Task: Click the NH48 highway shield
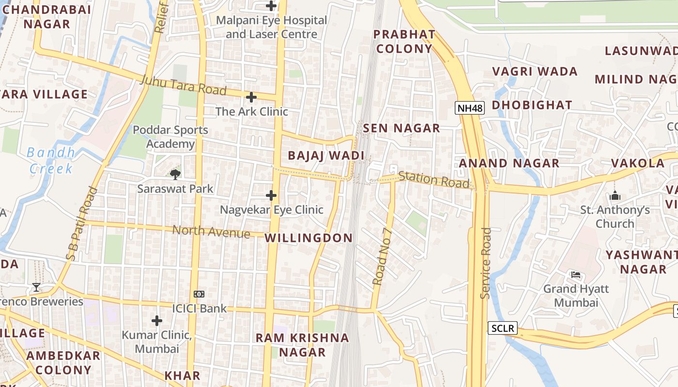coord(470,108)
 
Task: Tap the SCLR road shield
coord(502,328)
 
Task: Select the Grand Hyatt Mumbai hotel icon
coord(575,275)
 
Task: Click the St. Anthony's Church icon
coord(615,196)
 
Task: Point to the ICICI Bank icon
coord(199,294)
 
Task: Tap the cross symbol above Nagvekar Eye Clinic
coord(271,195)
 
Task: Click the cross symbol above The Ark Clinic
coord(251,97)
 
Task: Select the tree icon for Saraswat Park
coord(175,174)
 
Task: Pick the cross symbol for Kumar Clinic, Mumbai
coord(156,320)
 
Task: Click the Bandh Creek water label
coord(51,161)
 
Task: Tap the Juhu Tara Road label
coord(183,86)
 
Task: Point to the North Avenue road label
coord(211,231)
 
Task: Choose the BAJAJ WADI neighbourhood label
coord(325,156)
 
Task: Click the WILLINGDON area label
coord(308,238)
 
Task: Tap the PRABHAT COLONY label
coord(404,41)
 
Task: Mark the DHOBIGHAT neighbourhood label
coord(532,105)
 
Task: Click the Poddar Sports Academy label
coord(170,137)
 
